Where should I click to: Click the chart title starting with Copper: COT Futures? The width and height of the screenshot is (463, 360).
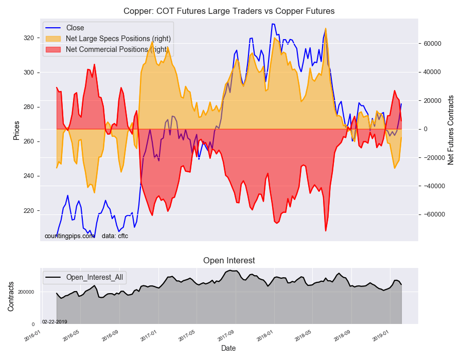point(229,11)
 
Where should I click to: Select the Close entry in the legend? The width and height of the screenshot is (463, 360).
point(65,28)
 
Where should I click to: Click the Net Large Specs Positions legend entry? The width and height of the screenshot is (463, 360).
point(108,39)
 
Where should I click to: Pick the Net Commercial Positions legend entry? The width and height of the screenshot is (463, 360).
point(107,49)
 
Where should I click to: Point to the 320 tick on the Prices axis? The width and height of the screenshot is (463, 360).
point(29,38)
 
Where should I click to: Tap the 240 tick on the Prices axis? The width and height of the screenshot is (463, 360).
point(29,176)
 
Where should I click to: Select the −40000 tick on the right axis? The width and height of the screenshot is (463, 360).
point(430,186)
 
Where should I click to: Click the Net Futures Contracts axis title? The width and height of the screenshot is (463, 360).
point(451,130)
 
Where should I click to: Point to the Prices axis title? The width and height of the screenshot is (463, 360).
point(16,131)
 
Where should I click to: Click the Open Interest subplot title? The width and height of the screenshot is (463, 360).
point(229,261)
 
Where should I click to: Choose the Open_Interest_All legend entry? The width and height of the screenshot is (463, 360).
point(84,277)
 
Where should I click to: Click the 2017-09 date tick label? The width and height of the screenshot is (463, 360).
point(226,335)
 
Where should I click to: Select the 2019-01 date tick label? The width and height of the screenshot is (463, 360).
point(381,335)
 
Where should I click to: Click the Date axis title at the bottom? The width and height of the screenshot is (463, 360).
point(228,348)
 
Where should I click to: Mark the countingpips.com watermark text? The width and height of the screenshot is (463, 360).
point(69,236)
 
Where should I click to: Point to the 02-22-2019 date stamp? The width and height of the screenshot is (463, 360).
point(55,321)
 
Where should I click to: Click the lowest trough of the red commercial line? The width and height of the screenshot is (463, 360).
point(326,231)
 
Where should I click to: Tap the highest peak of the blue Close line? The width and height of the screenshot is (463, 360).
point(273,24)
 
